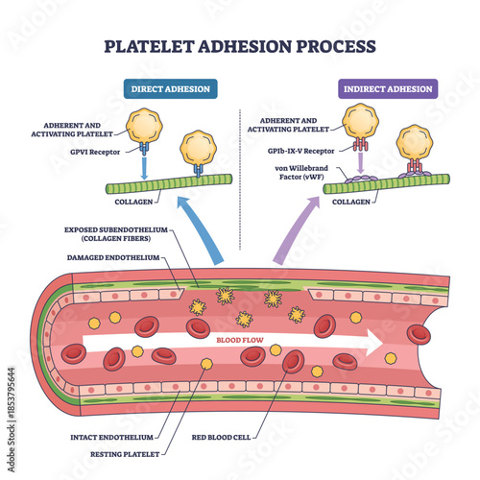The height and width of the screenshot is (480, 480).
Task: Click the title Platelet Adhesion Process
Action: (239, 45)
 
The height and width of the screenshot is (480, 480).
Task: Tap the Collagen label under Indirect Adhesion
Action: (350, 203)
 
